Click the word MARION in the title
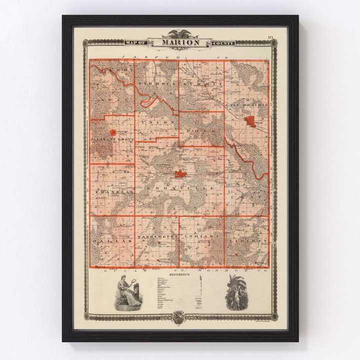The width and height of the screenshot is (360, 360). coord(180,42)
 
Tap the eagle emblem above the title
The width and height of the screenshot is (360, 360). coord(180,34)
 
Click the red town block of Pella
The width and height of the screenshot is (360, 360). coord(250,121)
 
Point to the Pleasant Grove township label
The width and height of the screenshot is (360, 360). coord(112,140)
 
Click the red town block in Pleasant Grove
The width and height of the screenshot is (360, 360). coord(113,132)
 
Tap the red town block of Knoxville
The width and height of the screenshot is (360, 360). coord(180,174)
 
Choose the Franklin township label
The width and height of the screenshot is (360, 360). coord(112,192)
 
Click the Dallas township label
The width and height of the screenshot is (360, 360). coord(112,240)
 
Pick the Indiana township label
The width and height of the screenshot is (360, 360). coord(201,235)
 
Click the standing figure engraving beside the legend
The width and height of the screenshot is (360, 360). coord(234,292)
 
